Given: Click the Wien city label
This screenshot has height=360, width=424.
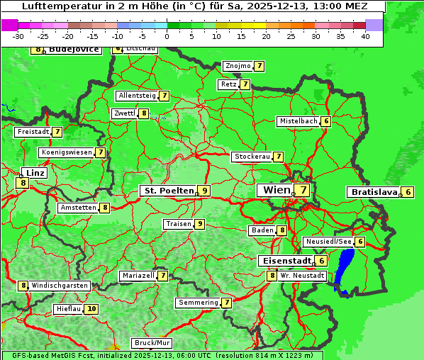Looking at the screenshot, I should point(276,190).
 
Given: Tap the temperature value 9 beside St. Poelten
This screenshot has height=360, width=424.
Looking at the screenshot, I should point(204,191).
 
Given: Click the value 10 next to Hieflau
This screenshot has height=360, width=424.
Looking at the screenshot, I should point(91,309).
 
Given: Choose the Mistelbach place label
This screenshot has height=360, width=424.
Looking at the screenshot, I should point(298,121).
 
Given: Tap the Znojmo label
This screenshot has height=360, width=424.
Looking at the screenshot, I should point(238,66).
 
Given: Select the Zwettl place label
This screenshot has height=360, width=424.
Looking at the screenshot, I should point(124,113).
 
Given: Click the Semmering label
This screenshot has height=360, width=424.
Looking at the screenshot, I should point(199,303).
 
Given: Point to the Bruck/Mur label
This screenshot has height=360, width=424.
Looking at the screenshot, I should point(152,343).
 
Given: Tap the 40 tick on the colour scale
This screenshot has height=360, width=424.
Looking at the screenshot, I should point(365,36).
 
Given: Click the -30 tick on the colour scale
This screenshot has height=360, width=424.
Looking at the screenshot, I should point(18,36).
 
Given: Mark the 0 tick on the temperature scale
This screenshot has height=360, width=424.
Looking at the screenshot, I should point(167,36).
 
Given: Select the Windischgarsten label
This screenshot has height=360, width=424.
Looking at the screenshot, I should point(60,286).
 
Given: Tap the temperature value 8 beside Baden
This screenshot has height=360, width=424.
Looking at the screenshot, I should point(282,230).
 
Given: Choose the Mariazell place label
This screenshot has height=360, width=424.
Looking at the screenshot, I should point(138,276).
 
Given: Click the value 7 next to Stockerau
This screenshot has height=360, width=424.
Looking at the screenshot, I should point(279,157).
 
